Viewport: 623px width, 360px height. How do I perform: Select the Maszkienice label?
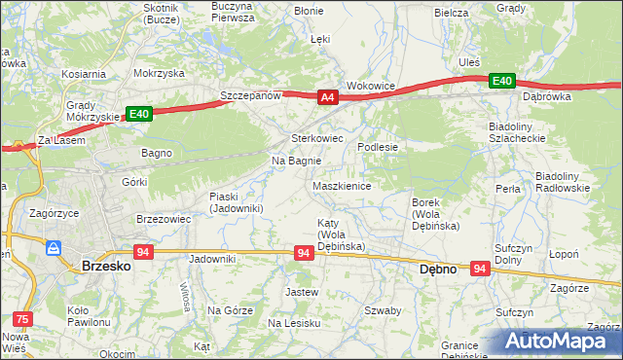click(341, 185)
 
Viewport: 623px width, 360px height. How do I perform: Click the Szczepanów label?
click(250, 96)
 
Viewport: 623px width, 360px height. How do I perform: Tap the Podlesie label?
click(378, 146)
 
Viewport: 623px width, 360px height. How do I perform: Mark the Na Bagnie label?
click(296, 161)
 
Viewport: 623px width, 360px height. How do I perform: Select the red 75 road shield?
click(20, 318)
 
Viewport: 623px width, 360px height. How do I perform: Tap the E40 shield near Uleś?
click(500, 80)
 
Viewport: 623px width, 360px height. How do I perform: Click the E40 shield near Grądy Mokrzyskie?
click(139, 114)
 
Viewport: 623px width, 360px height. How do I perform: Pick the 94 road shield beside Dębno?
click(480, 268)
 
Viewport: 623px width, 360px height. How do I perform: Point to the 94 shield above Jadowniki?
click(143, 252)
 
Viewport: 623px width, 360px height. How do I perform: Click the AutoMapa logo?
click(560, 341)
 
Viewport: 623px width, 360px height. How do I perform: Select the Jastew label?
click(301, 292)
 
